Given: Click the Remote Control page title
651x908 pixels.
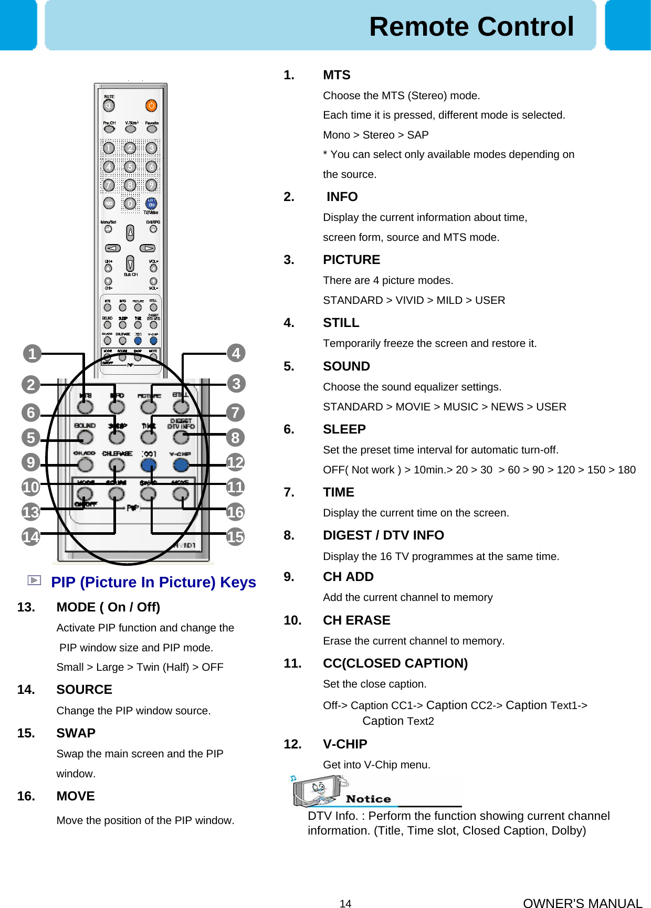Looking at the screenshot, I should tap(471, 26).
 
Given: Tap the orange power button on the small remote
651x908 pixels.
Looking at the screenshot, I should tap(151, 105).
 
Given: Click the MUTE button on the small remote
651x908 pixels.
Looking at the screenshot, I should tap(109, 105).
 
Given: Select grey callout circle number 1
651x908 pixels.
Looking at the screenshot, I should tap(32, 354).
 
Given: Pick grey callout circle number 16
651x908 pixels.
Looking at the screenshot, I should tap(236, 512).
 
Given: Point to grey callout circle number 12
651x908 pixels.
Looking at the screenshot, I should tap(236, 462).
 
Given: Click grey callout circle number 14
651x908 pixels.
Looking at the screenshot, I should tap(31, 536).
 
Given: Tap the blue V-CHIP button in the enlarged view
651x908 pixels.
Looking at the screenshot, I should tap(181, 464).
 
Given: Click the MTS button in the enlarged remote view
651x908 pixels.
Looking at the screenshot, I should tap(85, 407).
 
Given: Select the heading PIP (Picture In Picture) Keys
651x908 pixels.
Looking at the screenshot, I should tap(153, 582).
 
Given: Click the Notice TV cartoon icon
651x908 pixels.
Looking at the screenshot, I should tap(317, 790).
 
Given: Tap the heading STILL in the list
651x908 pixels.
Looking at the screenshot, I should tap(341, 323).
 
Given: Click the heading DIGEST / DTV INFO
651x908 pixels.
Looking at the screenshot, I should tap(383, 535).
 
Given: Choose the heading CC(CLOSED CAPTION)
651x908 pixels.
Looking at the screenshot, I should tap(395, 663).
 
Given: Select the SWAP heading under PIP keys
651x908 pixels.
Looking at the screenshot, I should tap(76, 733).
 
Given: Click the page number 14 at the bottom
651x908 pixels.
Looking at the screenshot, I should tap(345, 903).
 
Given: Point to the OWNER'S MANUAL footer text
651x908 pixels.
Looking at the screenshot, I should tap(582, 903).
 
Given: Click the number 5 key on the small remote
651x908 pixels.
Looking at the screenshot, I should tap(130, 167).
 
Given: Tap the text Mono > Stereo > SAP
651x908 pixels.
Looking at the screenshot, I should tap(375, 135).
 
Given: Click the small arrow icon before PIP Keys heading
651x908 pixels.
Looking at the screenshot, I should tap(34, 580).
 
